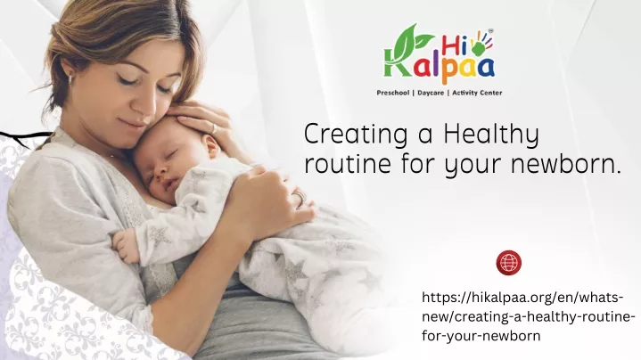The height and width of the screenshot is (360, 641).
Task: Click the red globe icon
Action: click(508, 262)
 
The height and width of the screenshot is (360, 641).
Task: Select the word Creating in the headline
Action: click(356, 135)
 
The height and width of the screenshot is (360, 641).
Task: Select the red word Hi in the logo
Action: click(453, 45)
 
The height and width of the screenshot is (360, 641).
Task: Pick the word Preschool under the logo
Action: click(393, 93)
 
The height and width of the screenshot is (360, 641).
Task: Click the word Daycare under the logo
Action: click(431, 93)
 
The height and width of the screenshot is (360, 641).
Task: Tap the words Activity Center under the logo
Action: click(477, 93)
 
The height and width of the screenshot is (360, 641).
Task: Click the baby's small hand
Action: click(125, 246)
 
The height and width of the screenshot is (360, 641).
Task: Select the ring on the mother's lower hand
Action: click(300, 197)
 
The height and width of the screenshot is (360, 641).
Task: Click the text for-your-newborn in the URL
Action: click(481, 336)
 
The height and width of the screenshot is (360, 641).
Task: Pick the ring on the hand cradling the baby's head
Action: click(214, 128)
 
